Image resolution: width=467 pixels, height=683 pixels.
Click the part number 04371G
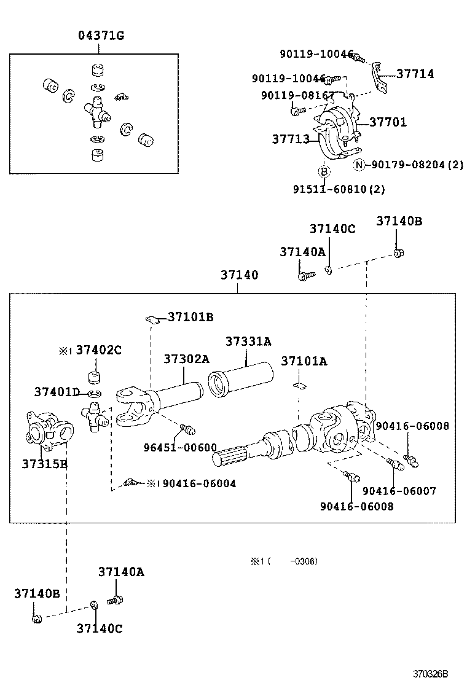[x=101, y=36]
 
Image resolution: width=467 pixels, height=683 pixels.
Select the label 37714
[x=415, y=74]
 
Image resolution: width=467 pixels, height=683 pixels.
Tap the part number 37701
[x=388, y=122]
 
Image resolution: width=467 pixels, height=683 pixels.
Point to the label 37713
[x=291, y=139]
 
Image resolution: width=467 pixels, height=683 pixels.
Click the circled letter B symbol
[x=324, y=171]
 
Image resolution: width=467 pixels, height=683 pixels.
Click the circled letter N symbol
[x=359, y=165]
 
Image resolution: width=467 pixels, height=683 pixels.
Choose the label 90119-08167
[x=297, y=95]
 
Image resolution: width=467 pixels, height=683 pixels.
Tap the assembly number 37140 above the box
[x=239, y=276]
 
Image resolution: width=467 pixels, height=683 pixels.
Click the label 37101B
[x=190, y=317]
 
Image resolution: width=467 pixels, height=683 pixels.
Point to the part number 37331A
[x=248, y=341]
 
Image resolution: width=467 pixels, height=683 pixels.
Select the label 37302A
[x=186, y=359]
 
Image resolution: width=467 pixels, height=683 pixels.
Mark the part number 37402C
[x=98, y=350]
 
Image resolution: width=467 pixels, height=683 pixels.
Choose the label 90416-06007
[x=399, y=491]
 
